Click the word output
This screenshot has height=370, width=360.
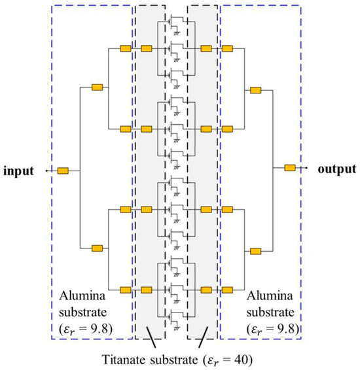(x=338, y=169)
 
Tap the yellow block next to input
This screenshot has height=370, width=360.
(x=63, y=171)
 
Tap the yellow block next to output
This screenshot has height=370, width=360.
(x=290, y=168)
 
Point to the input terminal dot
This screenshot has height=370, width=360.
(x=46, y=171)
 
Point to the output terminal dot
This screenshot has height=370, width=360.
(x=306, y=168)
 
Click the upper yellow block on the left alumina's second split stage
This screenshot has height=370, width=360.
(x=97, y=87)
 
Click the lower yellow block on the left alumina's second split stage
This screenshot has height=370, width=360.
(x=97, y=248)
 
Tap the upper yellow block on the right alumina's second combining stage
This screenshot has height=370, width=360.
(x=256, y=87)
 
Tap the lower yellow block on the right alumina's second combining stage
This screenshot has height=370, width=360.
(x=256, y=250)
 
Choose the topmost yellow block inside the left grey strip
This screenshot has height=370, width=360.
(x=146, y=48)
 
